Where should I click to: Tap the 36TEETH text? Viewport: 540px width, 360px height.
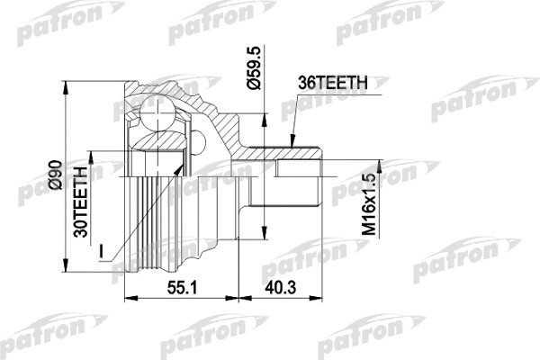click(332, 82)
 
